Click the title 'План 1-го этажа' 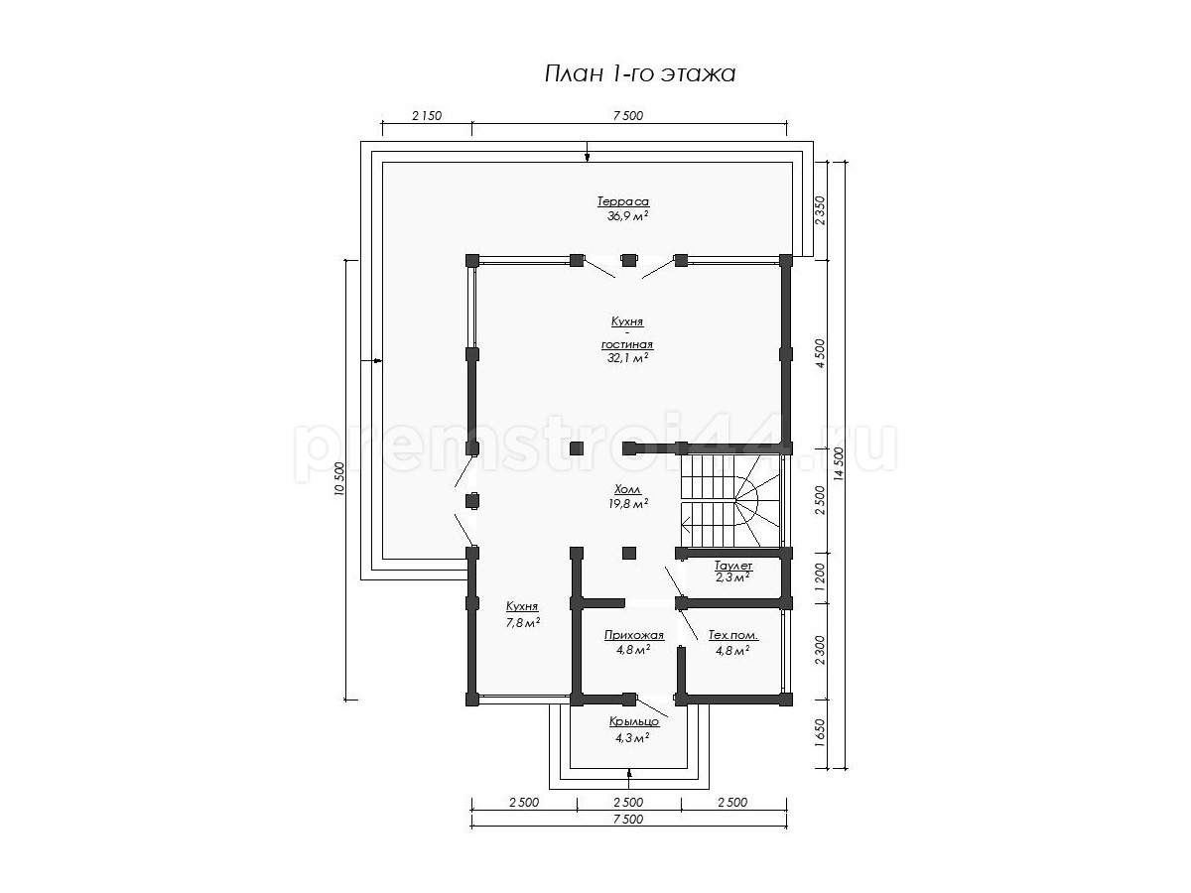tap(640, 74)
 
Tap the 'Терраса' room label tap(623, 201)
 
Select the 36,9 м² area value tap(628, 215)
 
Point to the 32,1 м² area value tap(628, 358)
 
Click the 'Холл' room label tap(628, 489)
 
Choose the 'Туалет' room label tap(733, 566)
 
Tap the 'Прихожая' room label tap(634, 635)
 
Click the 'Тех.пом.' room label tap(733, 635)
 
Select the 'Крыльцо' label tap(634, 721)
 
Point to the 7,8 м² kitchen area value tap(522, 622)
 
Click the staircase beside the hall tap(728, 501)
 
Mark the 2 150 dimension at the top tap(427, 115)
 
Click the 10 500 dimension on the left tap(339, 479)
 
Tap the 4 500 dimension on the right tap(820, 353)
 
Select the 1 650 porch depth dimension tap(820, 733)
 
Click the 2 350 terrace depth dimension tap(820, 211)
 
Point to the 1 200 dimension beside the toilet tap(820, 576)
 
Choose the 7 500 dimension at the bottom tap(628, 819)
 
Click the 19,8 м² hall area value tap(628, 504)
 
